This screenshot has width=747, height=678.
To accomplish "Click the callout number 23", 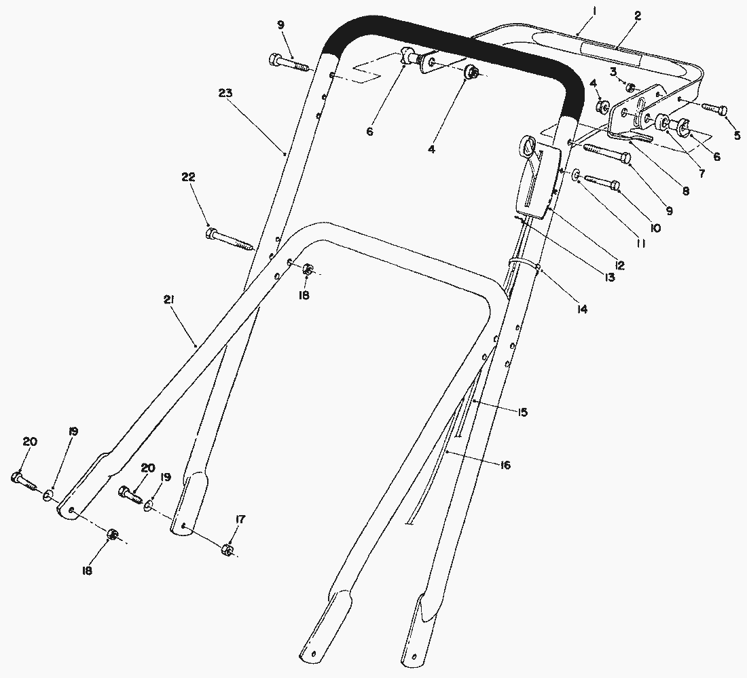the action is pyautogui.click(x=225, y=93).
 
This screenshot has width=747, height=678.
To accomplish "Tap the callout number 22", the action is pyautogui.click(x=188, y=177).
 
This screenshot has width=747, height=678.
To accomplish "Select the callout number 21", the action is pyautogui.click(x=169, y=299).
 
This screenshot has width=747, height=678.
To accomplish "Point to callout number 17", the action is pyautogui.click(x=240, y=519).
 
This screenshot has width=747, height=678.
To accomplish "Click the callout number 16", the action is pyautogui.click(x=505, y=465).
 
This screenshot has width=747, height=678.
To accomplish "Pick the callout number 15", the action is pyautogui.click(x=523, y=413).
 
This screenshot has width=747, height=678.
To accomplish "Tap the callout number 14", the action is pyautogui.click(x=582, y=309).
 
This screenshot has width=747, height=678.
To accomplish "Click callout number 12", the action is pyautogui.click(x=619, y=265).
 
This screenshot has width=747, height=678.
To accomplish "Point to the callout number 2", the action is pyautogui.click(x=638, y=16).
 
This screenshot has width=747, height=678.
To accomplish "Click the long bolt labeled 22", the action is pyautogui.click(x=230, y=240).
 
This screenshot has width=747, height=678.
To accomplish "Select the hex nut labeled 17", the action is pyautogui.click(x=226, y=550).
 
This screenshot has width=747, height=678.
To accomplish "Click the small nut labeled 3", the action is pyautogui.click(x=630, y=87).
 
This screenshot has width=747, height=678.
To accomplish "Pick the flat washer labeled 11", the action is pyautogui.click(x=576, y=175).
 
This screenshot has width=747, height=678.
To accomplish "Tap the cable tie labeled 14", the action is pyautogui.click(x=523, y=263).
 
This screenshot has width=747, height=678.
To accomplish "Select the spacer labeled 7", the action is pyautogui.click(x=661, y=122).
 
